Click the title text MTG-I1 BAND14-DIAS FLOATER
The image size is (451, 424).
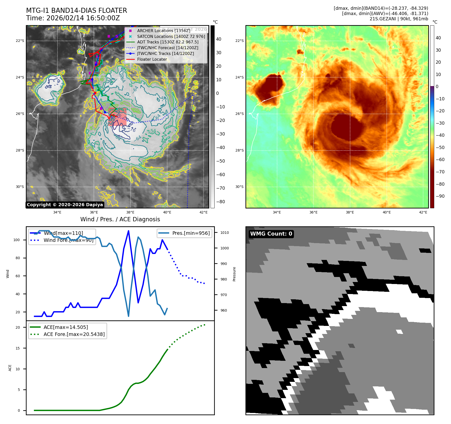(77, 11)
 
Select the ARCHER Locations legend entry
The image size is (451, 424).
(163, 31)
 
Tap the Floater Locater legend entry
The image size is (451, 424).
(152, 59)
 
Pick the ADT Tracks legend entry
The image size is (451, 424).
(168, 42)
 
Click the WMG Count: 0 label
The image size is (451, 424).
(271, 234)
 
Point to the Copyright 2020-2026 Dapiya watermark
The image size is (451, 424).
(65, 205)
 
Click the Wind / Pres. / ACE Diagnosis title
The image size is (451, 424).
(120, 219)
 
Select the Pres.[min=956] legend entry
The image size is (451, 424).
(191, 233)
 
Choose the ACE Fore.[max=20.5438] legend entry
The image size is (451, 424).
(74, 334)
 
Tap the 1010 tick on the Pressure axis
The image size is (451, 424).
(225, 233)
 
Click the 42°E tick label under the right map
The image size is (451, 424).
(423, 212)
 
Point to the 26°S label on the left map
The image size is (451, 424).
(20, 114)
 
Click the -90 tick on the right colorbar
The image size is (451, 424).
(440, 196)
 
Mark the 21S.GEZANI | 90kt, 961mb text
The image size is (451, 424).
(399, 19)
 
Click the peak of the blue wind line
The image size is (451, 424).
(128, 231)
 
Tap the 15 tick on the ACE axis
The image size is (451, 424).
(18, 348)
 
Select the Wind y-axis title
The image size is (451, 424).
(8, 274)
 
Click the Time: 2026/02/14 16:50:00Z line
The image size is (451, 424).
(73, 18)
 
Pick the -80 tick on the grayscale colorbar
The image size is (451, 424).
(220, 202)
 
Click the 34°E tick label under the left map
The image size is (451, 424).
(57, 212)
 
